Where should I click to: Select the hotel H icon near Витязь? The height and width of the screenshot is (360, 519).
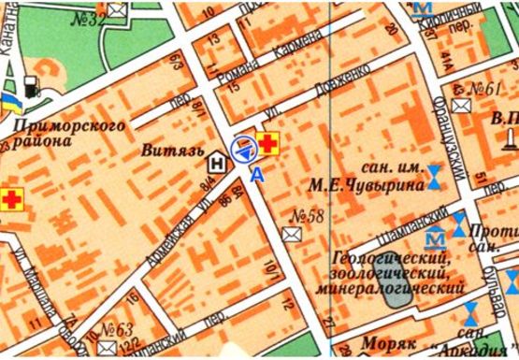218,162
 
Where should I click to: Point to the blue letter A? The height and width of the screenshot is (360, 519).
256,172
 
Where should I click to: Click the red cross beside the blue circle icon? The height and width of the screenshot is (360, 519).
269,144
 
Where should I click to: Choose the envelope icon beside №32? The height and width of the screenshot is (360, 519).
118,11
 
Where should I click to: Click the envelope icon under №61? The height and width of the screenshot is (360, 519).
461,106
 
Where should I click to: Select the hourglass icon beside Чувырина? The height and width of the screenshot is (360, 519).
436,176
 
